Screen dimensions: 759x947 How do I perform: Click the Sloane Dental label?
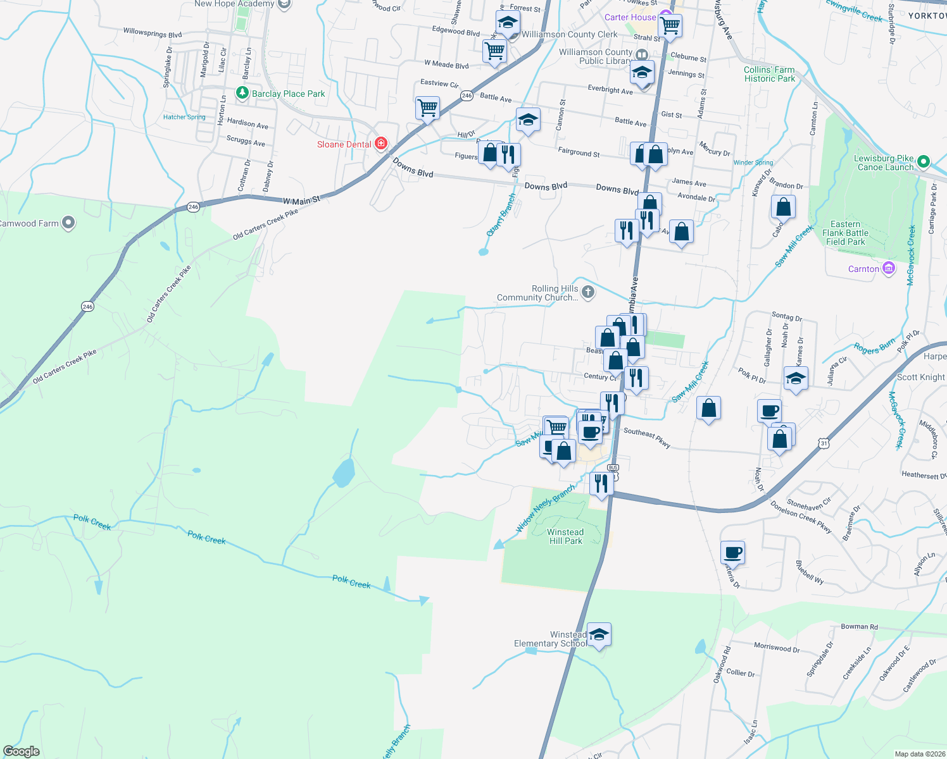tap(344, 145)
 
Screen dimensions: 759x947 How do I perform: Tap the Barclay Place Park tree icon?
tap(242, 93)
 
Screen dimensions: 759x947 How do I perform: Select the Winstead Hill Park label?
tap(565, 536)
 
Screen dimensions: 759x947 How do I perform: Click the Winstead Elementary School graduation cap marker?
tap(598, 634)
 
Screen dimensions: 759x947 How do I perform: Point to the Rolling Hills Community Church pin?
tap(588, 292)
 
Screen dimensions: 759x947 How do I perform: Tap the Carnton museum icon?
tap(889, 269)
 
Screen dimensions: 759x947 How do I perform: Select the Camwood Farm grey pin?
tap(68, 223)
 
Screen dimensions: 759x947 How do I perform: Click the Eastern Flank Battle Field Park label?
tap(845, 233)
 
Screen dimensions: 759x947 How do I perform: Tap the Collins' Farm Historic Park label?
tap(769, 74)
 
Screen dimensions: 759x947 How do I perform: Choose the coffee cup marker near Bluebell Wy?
tap(732, 553)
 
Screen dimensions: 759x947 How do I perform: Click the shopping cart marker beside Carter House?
tap(670, 26)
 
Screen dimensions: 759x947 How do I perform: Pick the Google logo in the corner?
tap(21, 751)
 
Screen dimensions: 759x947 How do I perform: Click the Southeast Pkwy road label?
tap(647, 437)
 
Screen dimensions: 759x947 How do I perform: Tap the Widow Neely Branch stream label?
tap(545, 507)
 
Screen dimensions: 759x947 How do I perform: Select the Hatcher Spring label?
tap(184, 117)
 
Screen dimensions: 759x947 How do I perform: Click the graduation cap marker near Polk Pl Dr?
tap(795, 379)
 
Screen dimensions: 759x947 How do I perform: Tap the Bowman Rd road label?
tap(859, 627)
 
